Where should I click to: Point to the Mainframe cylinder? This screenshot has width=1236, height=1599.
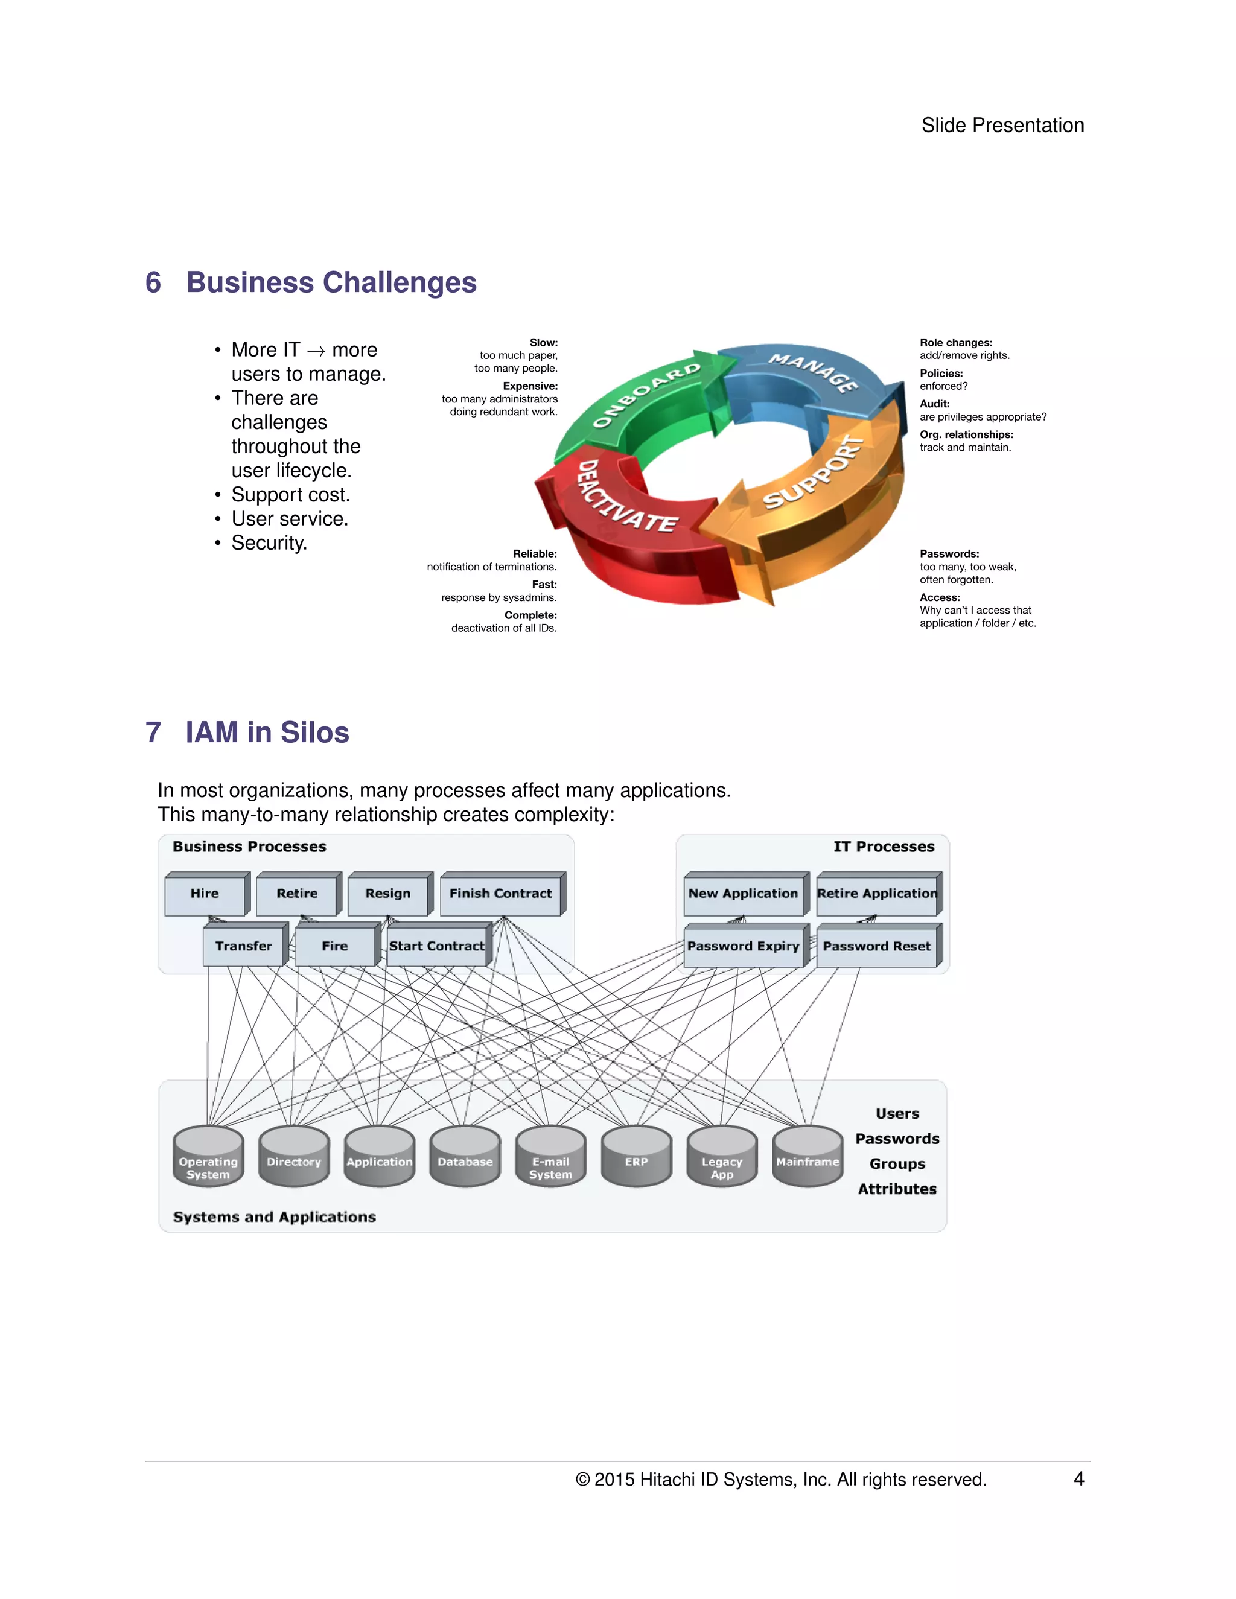(x=808, y=1157)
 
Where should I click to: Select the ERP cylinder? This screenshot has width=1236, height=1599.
(x=636, y=1157)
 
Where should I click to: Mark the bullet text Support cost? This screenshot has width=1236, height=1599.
(x=291, y=495)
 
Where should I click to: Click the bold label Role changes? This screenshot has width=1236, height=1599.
(x=955, y=343)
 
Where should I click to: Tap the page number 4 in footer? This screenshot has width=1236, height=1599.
(x=1078, y=1479)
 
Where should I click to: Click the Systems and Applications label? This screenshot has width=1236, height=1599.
(x=275, y=1217)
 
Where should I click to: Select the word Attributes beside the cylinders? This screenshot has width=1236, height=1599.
(x=897, y=1189)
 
